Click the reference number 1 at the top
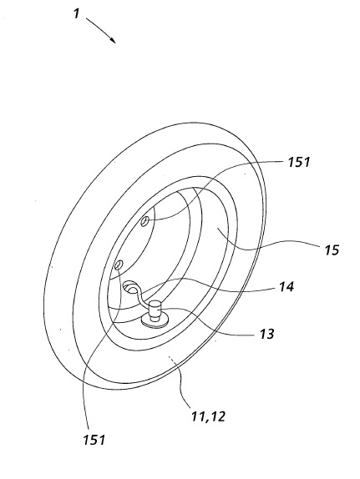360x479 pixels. [x=77, y=13]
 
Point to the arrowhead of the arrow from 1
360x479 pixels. [x=113, y=40]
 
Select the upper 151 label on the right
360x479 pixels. [x=298, y=162]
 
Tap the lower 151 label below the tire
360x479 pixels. [x=94, y=440]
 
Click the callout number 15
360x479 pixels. [x=332, y=250]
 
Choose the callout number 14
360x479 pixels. [x=286, y=287]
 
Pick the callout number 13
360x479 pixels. [x=266, y=334]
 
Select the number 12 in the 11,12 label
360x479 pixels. [x=217, y=416]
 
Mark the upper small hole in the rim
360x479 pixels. [x=145, y=221]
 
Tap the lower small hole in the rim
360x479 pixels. [x=119, y=265]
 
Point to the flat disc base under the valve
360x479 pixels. [x=156, y=320]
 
